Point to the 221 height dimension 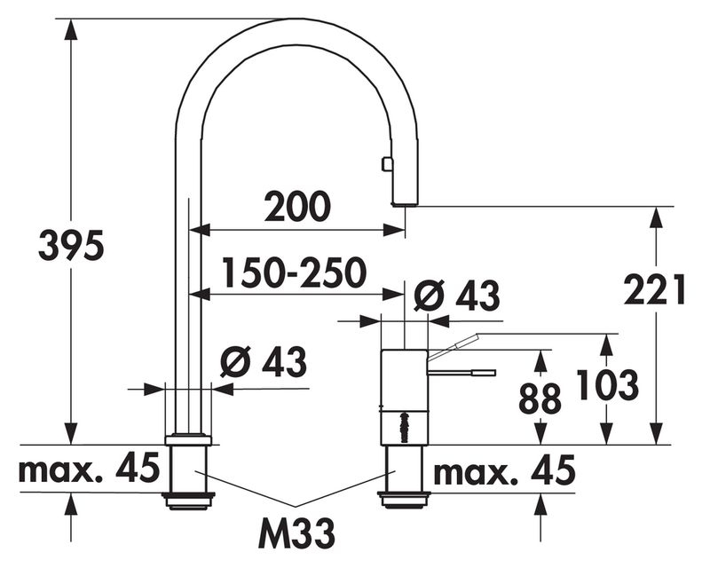[x=654, y=289]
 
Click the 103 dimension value [x=607, y=385]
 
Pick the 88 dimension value [x=540, y=398]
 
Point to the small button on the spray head [x=386, y=163]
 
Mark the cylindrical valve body [x=404, y=397]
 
